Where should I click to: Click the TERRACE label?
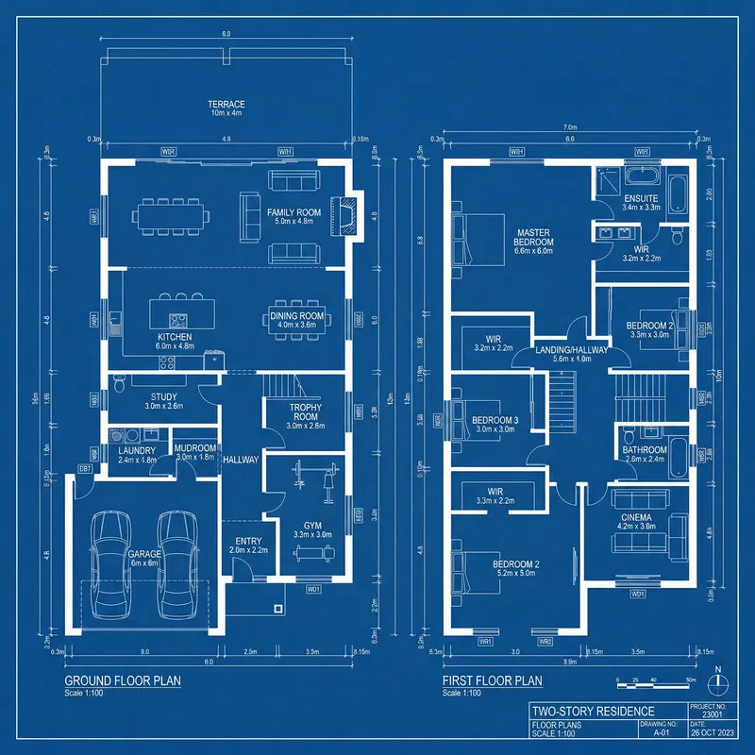coord(226,105)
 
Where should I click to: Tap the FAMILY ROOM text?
coord(294,213)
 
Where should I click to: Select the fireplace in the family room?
coord(349,213)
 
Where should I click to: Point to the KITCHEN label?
coord(175,337)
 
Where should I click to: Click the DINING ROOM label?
coord(297,316)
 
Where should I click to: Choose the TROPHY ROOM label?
coord(305,411)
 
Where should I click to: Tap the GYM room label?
coord(312,526)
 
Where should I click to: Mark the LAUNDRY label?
coord(137,451)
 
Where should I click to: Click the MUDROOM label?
coord(196,448)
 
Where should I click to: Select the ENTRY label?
coord(248,542)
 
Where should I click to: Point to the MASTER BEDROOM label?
coord(534,237)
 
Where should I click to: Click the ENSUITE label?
coord(641,198)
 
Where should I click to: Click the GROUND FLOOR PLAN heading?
coord(122,680)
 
